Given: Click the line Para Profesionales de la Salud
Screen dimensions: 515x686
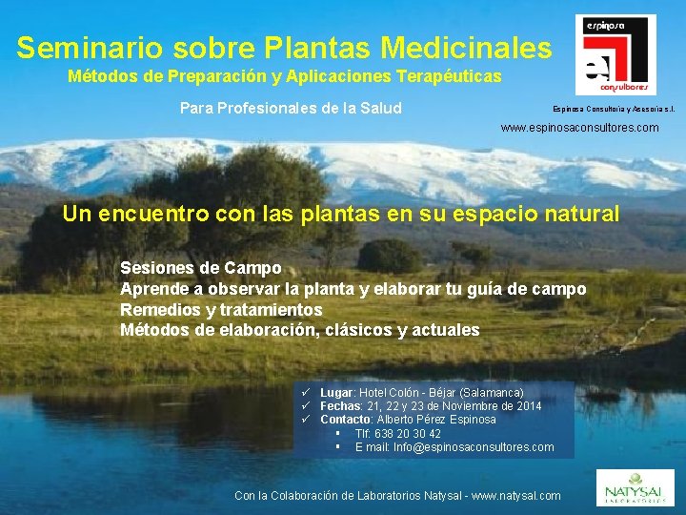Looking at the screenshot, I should tap(291, 108).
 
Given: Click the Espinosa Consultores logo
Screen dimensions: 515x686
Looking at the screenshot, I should tap(615, 54).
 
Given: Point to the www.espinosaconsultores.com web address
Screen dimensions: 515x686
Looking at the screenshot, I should tap(579, 127).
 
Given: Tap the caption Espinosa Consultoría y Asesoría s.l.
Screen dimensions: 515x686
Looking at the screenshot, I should tap(614, 109).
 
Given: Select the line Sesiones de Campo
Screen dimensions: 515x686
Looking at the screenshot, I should tap(201, 268).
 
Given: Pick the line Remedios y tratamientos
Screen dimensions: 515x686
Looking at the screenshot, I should tap(221, 310).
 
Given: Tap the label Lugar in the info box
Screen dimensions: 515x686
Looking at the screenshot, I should tap(336, 393).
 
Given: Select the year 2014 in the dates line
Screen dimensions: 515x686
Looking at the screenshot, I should tap(527, 406).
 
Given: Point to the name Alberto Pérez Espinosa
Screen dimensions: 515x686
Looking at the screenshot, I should tap(436, 420).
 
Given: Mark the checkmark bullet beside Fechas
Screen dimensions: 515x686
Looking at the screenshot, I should tap(308, 406).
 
